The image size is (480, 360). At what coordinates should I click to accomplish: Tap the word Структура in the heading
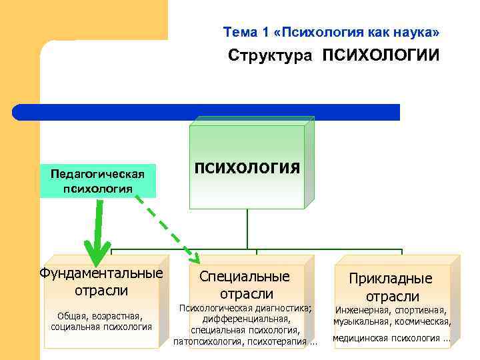(269, 55)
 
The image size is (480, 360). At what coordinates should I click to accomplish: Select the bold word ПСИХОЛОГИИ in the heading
(381, 55)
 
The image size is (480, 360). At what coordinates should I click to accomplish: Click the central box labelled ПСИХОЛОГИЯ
(247, 167)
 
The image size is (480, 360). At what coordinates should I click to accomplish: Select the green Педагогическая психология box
(98, 181)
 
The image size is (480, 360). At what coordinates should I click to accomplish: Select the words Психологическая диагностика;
(245, 308)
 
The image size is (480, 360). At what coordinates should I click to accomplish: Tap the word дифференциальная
(246, 319)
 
